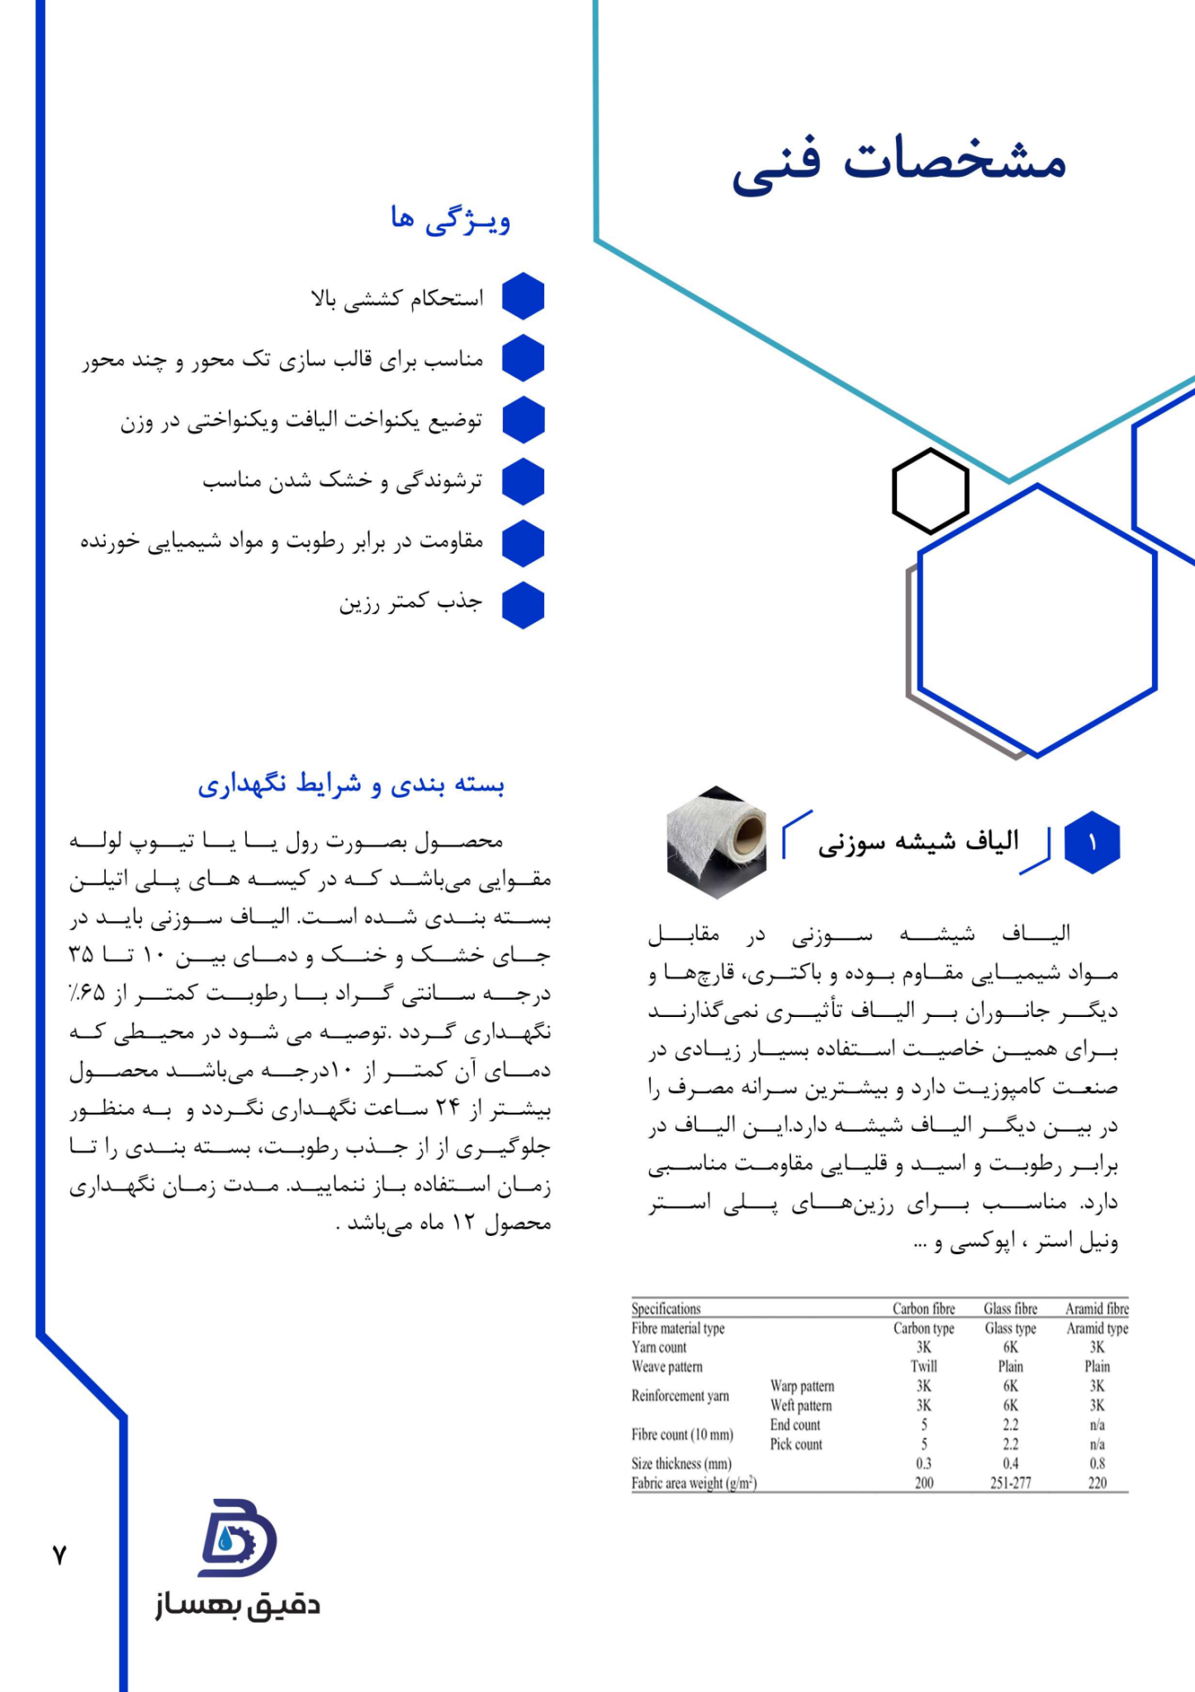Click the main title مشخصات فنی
click(899, 162)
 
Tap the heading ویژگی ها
click(451, 221)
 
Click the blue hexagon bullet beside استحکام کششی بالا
click(523, 297)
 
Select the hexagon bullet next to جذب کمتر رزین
click(523, 605)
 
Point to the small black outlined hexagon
click(931, 492)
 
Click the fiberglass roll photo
click(716, 842)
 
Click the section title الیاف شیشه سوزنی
click(918, 842)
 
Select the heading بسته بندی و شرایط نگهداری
click(351, 784)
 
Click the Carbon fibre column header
click(923, 1309)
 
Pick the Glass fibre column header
click(1010, 1309)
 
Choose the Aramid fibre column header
click(1097, 1309)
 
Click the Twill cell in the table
click(923, 1366)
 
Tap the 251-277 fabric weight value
click(1010, 1483)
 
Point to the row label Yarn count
click(659, 1347)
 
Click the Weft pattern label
click(801, 1405)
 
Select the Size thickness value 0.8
click(1097, 1463)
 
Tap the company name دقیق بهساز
click(238, 1604)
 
